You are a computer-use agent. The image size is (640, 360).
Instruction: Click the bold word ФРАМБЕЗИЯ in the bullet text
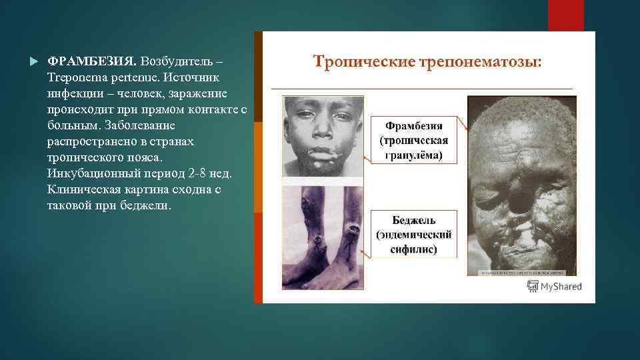click(92, 61)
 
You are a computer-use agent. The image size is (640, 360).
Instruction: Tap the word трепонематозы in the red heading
click(480, 62)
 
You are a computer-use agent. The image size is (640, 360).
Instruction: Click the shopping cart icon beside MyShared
click(533, 286)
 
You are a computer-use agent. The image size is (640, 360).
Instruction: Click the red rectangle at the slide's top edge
click(565, 15)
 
